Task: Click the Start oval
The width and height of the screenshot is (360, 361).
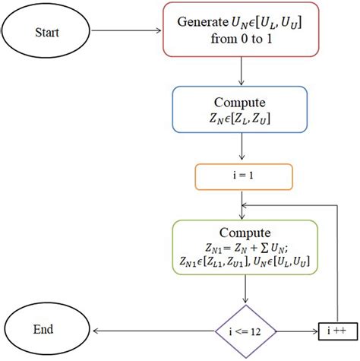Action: click(47, 33)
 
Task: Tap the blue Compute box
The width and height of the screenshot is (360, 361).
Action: click(240, 110)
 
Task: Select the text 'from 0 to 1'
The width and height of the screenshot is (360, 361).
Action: click(240, 41)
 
